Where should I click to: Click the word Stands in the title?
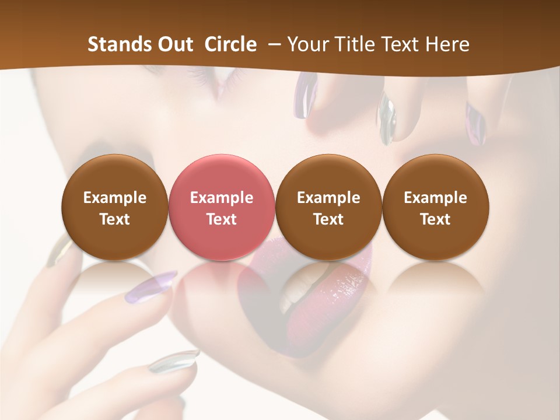[120, 44]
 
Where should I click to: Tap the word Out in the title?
[176, 44]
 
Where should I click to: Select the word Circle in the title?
[230, 44]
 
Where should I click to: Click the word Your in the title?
[308, 44]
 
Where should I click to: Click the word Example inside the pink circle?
[221, 198]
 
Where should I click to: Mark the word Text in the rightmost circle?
[435, 219]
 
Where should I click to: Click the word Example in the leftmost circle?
[114, 198]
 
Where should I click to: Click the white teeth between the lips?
[295, 292]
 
